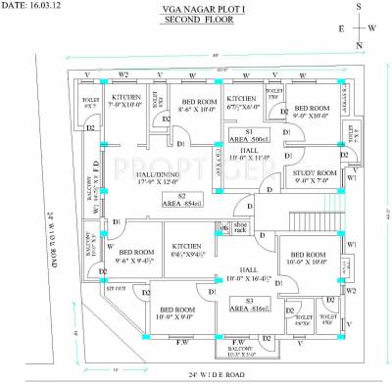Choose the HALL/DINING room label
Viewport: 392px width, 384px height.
(x=143, y=177)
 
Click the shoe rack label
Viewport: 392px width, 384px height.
(x=242, y=228)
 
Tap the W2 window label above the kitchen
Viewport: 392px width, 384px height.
(x=123, y=74)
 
